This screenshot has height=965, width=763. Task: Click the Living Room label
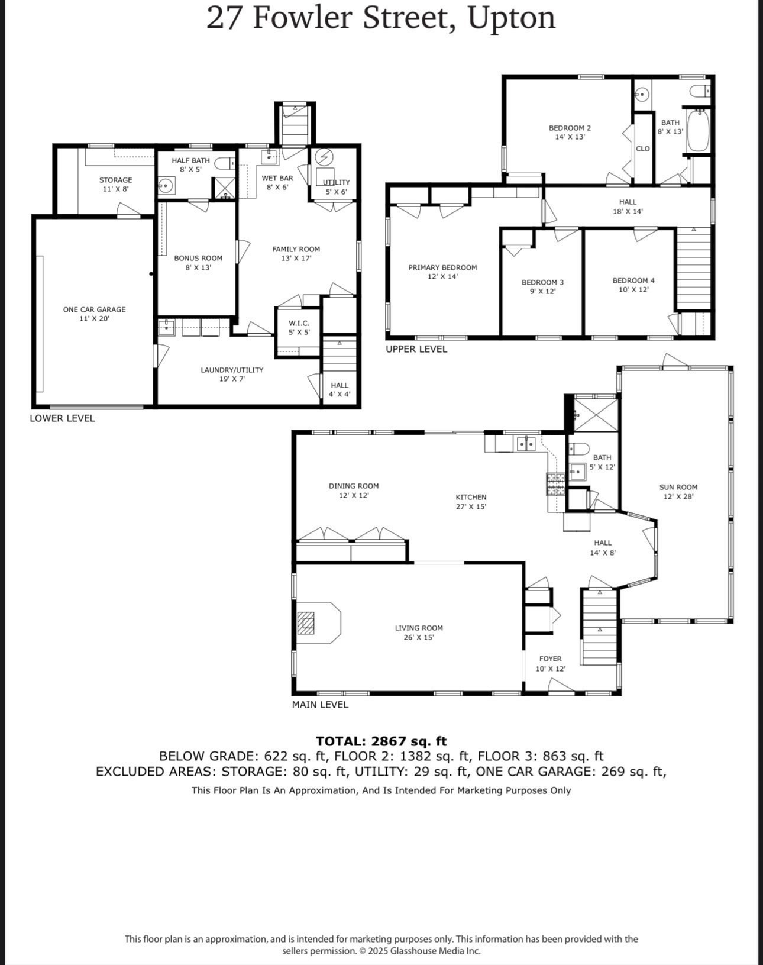[419, 628]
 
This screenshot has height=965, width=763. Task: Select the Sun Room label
[678, 487]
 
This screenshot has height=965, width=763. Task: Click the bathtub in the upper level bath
[698, 130]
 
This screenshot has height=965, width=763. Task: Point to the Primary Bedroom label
[442, 267]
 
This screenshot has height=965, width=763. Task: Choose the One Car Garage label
[95, 309]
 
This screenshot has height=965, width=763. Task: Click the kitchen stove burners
[555, 484]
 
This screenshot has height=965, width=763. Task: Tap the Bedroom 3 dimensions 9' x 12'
[542, 291]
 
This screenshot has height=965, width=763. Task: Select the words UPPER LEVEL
[416, 349]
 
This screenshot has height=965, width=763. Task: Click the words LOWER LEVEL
[62, 418]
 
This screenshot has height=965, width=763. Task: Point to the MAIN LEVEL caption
[320, 705]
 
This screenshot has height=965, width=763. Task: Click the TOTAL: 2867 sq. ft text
[381, 741]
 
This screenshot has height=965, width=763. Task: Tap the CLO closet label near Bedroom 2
[643, 149]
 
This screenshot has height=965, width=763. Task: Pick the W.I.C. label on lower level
[299, 323]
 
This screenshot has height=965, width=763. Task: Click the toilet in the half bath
[223, 163]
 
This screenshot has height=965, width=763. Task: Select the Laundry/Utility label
[232, 370]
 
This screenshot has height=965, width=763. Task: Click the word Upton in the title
[512, 18]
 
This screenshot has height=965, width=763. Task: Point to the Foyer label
[550, 659]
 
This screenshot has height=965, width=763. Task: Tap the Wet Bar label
[277, 178]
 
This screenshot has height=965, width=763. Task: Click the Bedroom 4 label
[633, 280]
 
